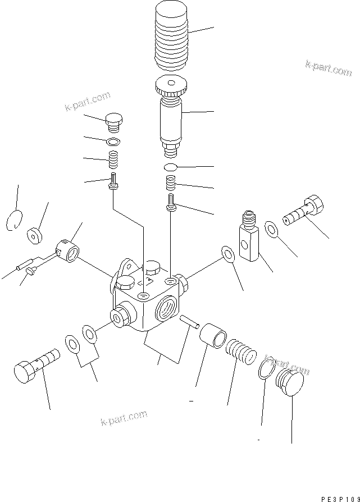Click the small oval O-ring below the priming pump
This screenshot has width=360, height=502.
coord(171,167)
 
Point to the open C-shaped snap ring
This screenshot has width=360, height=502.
coord(15,220)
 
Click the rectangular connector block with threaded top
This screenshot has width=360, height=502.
coord(248,238)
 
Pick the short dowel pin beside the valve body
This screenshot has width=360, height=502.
coord(188,321)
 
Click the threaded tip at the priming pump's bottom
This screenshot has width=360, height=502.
coord(170,152)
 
